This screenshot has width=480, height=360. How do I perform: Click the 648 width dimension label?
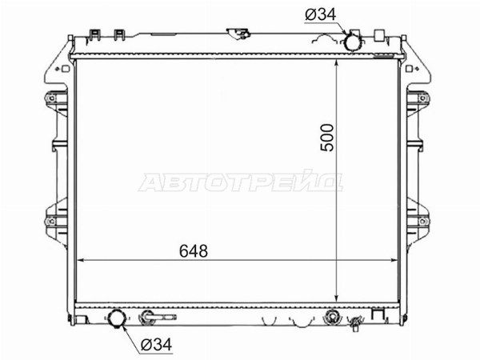[x=194, y=251]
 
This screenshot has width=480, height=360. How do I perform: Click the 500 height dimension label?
[x=326, y=138]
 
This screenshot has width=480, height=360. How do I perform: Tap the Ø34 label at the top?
[x=321, y=14]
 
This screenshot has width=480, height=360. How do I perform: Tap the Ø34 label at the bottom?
[x=157, y=345]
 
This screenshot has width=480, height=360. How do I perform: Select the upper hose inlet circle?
[x=352, y=42]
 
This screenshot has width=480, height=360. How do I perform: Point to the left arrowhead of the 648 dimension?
[x=79, y=261]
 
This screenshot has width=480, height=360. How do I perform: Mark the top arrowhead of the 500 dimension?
[x=337, y=63]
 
